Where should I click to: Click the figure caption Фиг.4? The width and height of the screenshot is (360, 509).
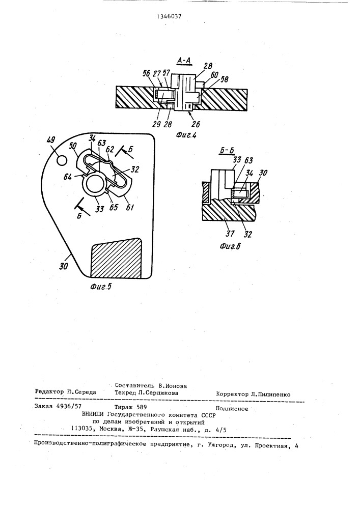tap(186, 135)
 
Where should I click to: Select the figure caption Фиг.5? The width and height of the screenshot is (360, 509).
tap(100, 286)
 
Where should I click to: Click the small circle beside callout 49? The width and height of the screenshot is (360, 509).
tap(62, 160)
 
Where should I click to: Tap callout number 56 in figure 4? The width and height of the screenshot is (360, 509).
tap(147, 73)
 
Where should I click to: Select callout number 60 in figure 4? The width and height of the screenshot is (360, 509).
tap(214, 75)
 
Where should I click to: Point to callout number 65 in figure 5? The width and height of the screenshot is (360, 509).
tap(113, 207)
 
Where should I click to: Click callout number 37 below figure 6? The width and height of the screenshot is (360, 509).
tap(230, 233)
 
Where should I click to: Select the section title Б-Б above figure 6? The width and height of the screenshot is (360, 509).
tap(228, 150)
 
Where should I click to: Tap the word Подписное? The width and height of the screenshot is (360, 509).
tap(232, 409)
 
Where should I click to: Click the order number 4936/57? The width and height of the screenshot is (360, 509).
tap(69, 406)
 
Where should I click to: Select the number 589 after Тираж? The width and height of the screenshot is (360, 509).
tap(142, 407)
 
